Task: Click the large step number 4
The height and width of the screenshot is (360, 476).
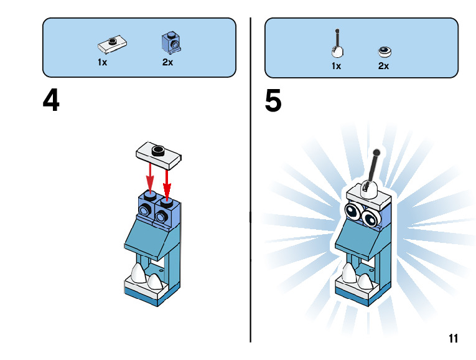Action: click(x=51, y=101)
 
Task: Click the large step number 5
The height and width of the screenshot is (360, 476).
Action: click(x=273, y=101)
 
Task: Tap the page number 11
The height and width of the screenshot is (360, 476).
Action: click(x=452, y=339)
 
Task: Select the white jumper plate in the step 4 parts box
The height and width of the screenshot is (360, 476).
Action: click(x=113, y=44)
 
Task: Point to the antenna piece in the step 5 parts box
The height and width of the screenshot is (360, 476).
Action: click(x=337, y=46)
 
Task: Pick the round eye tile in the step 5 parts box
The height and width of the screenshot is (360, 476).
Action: click(x=384, y=51)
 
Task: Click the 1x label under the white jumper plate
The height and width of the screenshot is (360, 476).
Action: click(x=103, y=62)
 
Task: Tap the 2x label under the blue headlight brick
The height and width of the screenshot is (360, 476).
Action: click(x=167, y=62)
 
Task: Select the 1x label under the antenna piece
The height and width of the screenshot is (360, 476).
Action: click(x=336, y=65)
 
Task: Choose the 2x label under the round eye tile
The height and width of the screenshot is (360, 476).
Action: click(x=383, y=65)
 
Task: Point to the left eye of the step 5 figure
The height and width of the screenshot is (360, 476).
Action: click(x=353, y=212)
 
